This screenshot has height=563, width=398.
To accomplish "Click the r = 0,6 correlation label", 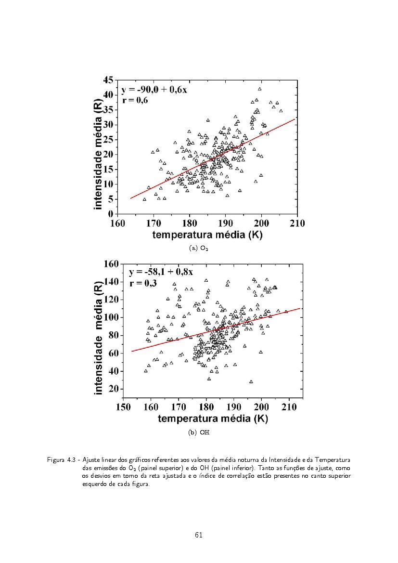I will [135, 101].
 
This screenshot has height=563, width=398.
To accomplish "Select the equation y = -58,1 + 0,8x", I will [161, 272].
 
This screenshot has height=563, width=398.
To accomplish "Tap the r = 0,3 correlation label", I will [143, 283].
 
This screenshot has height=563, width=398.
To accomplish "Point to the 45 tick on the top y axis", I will [109, 80].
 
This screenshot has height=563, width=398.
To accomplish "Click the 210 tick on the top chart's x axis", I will [297, 223].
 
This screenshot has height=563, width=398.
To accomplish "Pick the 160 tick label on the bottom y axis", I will [111, 263].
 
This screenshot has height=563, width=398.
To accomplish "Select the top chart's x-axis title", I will [207, 235].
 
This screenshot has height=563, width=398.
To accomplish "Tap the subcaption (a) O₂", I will [199, 249].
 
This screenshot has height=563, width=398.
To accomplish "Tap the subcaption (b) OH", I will [199, 432].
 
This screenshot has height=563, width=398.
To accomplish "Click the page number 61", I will [199, 535].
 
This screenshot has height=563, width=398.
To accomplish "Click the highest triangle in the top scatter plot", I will [259, 89].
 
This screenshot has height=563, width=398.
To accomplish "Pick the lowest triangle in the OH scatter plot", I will [251, 381].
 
